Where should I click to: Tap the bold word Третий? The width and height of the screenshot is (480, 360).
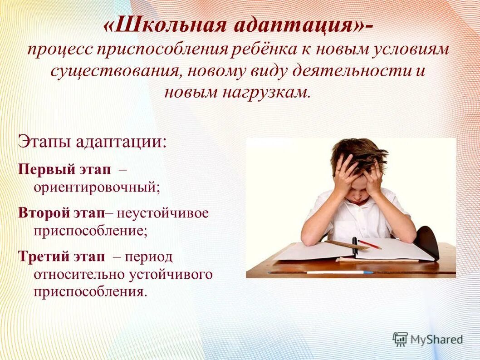[43, 256]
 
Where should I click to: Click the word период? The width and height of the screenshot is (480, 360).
[149, 256]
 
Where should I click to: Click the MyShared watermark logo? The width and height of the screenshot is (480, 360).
[428, 339]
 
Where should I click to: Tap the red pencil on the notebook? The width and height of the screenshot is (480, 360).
[370, 245]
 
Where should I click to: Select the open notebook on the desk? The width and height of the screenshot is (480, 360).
[354, 251]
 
